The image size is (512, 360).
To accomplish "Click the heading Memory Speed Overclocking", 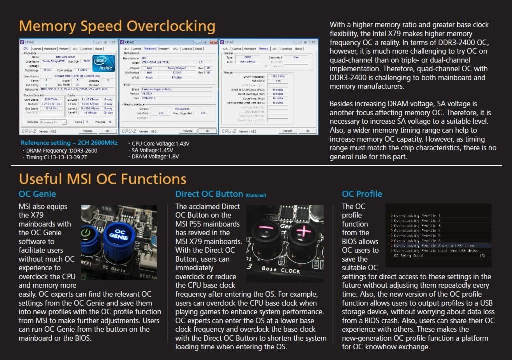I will [117, 26].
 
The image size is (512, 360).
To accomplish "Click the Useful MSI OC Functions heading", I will [102, 179].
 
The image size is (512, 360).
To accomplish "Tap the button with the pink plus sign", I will [305, 233].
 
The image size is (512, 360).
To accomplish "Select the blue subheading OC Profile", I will [362, 194].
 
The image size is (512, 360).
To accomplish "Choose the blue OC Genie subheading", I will [37, 194].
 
